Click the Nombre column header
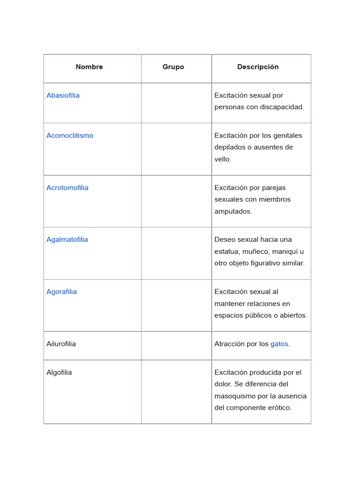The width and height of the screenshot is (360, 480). click(x=89, y=67)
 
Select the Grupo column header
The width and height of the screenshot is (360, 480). click(x=173, y=67)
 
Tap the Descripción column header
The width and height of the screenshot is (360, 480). click(x=258, y=67)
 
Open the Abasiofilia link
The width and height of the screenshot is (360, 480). click(x=63, y=96)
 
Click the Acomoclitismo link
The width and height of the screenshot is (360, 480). click(x=70, y=136)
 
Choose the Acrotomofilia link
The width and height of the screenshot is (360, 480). click(x=67, y=188)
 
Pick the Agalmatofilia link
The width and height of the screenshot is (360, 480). click(x=67, y=240)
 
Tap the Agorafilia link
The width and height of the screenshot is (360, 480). click(x=61, y=292)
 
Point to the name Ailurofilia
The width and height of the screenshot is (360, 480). click(x=61, y=344)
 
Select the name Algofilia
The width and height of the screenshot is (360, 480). click(x=59, y=373)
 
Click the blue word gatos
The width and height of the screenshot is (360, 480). click(x=279, y=344)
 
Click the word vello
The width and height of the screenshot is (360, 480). click(x=223, y=159)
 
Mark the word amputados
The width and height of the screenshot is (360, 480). click(x=233, y=211)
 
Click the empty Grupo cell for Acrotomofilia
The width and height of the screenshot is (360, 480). click(x=176, y=201)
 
